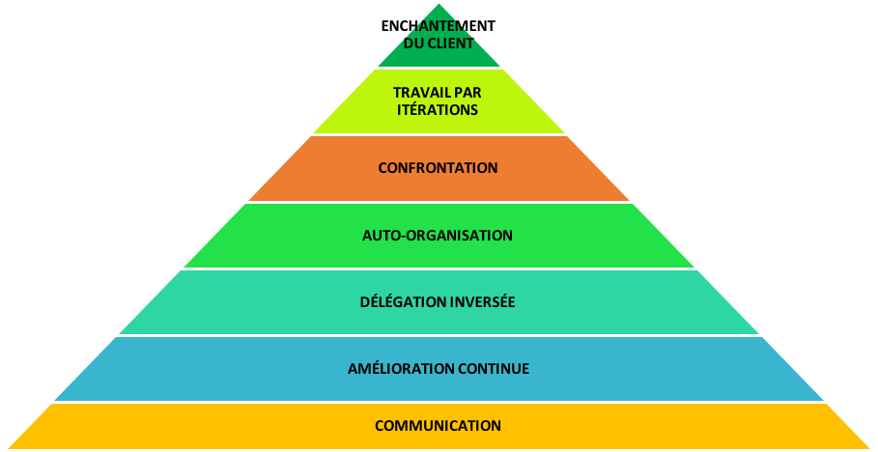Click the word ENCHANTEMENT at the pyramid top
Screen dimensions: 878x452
pos(438,26)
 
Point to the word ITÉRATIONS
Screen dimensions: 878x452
pos(438,109)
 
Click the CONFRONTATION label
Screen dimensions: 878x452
pos(438,168)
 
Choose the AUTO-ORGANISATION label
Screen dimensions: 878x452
pos(438,236)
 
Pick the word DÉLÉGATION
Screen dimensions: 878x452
pos(397,302)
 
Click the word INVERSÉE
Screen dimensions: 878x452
pos(476,302)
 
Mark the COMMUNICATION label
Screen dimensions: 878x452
pos(438,426)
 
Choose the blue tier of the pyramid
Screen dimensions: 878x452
pos(439,386)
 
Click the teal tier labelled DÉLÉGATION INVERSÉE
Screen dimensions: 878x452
pos(439,321)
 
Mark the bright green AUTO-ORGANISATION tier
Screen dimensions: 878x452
pos(439,253)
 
